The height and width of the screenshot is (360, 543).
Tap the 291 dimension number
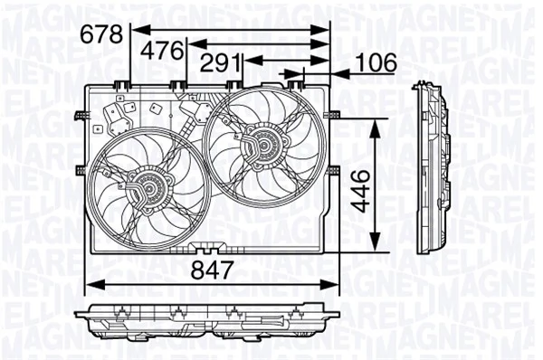[x=220, y=63]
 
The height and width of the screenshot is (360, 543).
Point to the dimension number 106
[x=373, y=62]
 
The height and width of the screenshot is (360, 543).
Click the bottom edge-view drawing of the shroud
[x=208, y=321]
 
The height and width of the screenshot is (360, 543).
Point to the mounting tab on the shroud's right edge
[x=337, y=115]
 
